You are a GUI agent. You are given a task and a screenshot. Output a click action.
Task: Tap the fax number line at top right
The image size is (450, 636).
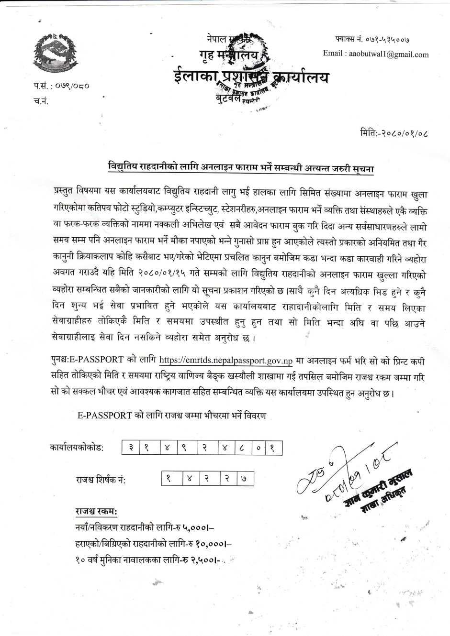[372, 38]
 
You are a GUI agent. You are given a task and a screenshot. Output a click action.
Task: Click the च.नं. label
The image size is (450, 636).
[41, 101]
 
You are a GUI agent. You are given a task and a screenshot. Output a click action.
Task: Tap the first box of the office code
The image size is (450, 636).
[130, 448]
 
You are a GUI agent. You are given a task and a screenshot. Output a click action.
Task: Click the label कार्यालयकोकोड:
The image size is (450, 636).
[77, 449]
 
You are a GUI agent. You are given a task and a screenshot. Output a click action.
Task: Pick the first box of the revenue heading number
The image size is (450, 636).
[169, 478]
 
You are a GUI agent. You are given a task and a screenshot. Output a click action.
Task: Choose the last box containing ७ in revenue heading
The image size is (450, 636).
[244, 478]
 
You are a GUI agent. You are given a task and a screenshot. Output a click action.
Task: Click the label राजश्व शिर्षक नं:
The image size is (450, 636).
[101, 479]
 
